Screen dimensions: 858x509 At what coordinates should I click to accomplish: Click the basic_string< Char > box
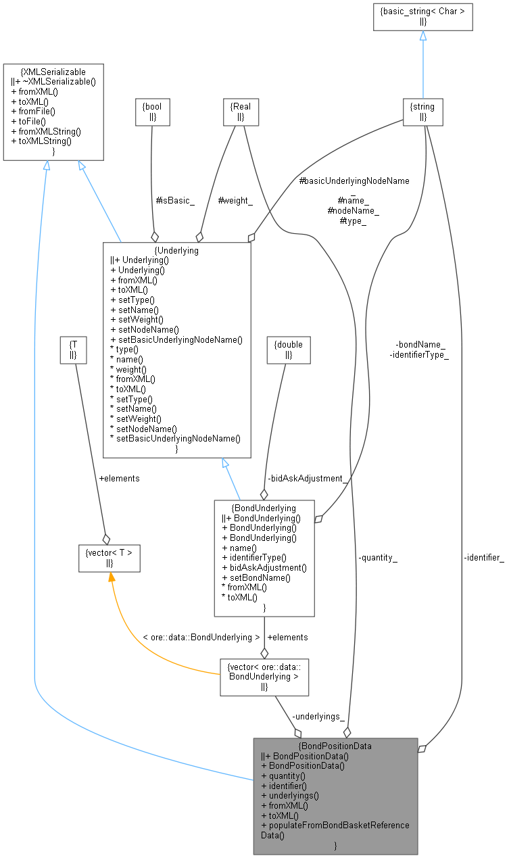(x=422, y=16)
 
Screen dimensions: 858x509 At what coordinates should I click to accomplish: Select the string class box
(x=422, y=112)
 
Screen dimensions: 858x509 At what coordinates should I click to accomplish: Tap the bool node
(x=151, y=112)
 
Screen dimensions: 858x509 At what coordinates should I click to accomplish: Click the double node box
(x=288, y=350)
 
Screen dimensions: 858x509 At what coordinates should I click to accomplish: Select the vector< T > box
(x=109, y=558)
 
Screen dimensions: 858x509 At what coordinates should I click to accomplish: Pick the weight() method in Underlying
(x=128, y=369)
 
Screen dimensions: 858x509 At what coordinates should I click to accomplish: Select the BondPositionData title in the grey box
(x=335, y=746)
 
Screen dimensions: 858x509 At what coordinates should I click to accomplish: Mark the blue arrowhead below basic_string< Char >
(x=422, y=36)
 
